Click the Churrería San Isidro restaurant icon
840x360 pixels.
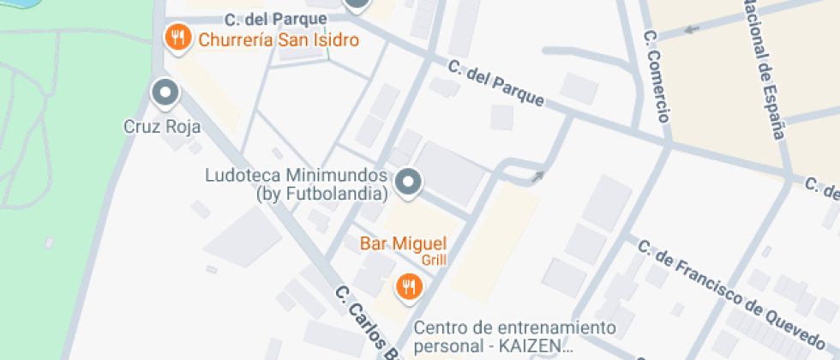click(x=177, y=37)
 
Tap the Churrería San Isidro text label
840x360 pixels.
click(x=279, y=39)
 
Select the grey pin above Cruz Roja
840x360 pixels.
click(x=164, y=92)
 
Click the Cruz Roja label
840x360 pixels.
click(x=162, y=128)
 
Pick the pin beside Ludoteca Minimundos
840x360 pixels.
click(x=410, y=181)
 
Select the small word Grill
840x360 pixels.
click(x=433, y=259)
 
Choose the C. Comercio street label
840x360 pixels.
click(x=657, y=77)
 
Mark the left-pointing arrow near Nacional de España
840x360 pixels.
click(x=691, y=31)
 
